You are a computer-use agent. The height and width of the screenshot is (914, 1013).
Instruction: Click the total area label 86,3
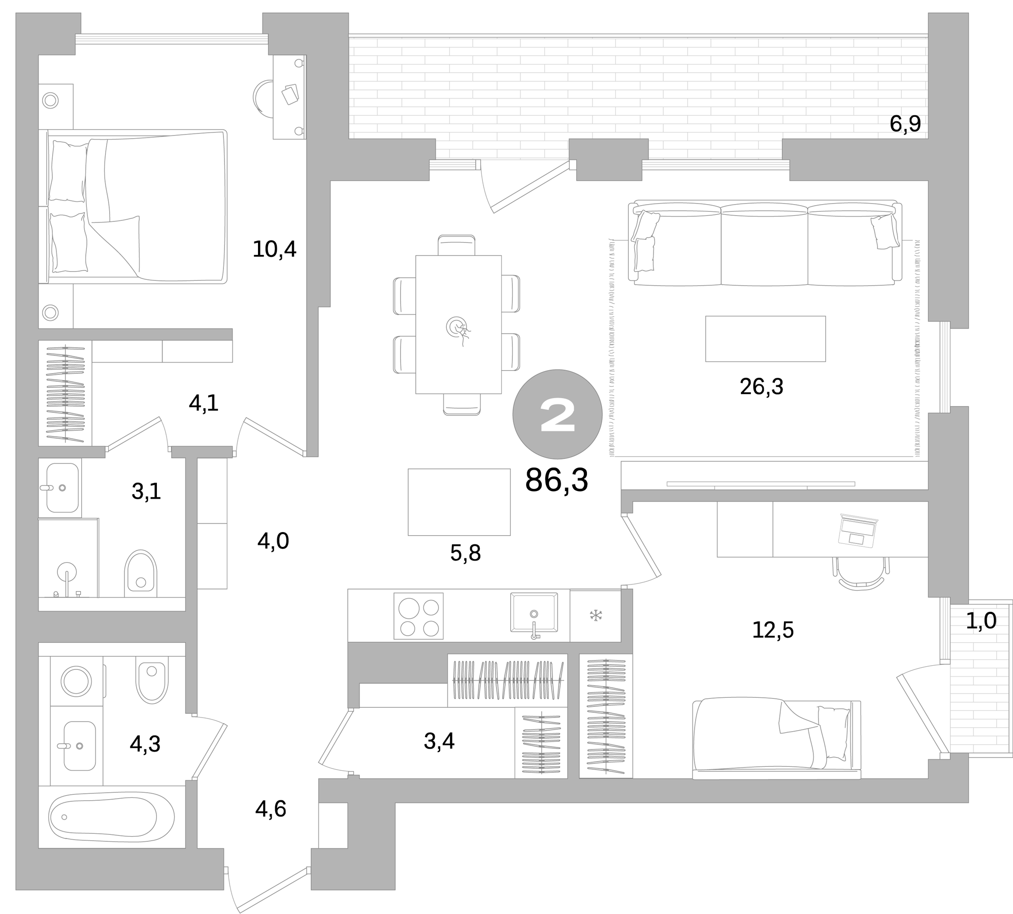tap(556, 480)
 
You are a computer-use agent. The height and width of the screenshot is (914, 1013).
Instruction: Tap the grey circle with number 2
tap(557, 415)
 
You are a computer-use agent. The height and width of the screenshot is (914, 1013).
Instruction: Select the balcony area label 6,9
tap(905, 124)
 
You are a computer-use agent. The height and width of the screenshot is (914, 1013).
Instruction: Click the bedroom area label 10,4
tap(274, 249)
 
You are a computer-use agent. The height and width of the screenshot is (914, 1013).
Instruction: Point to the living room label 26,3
tap(761, 387)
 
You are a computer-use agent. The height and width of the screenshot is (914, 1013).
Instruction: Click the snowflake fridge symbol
tap(595, 616)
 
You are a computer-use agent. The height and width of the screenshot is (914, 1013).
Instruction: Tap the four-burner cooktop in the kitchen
tap(418, 616)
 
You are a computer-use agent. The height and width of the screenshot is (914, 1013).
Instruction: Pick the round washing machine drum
tap(76, 680)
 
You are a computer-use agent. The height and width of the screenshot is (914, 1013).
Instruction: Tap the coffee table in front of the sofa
tap(765, 339)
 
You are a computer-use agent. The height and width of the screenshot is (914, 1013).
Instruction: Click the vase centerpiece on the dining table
tap(457, 328)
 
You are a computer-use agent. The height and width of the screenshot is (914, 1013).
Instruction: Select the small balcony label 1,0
tap(981, 621)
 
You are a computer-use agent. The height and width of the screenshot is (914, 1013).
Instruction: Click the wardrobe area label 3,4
tap(439, 742)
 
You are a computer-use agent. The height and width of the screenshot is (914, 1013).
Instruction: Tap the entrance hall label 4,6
tap(271, 809)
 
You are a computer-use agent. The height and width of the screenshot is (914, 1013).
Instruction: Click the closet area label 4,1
tap(203, 404)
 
